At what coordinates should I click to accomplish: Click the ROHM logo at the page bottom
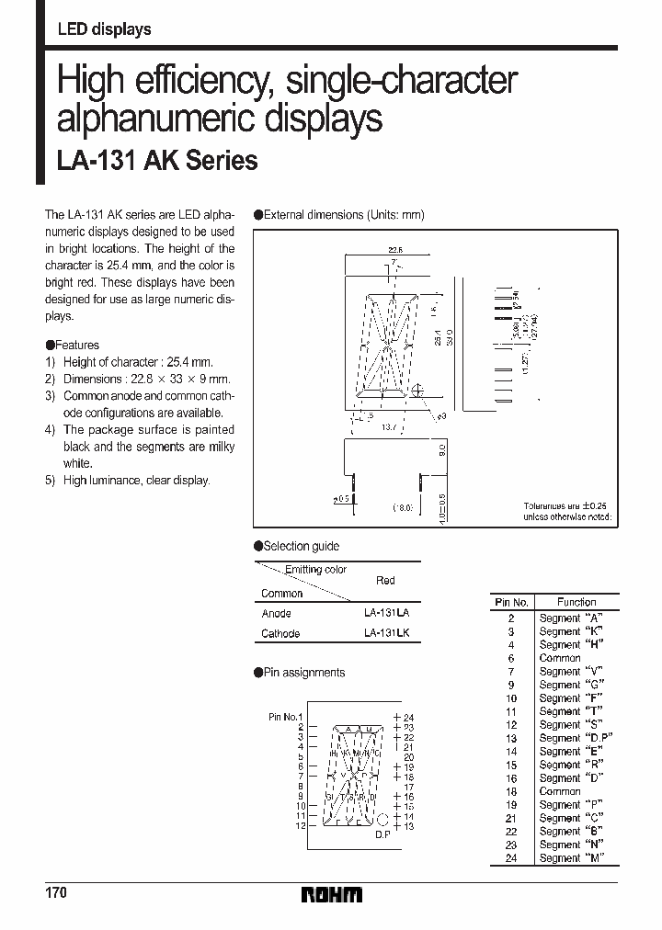[332, 894]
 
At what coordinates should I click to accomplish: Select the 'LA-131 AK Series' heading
[157, 161]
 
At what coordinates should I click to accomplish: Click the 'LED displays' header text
[104, 30]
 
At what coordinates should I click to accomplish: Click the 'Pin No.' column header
[511, 602]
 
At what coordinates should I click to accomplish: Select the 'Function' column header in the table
[576, 602]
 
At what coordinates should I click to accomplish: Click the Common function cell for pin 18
[560, 791]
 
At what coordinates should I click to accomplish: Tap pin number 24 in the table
[511, 858]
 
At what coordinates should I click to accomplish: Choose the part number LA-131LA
[386, 613]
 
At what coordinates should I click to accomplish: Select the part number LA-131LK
[386, 633]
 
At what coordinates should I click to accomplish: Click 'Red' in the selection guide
[386, 581]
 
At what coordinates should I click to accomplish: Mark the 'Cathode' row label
[280, 633]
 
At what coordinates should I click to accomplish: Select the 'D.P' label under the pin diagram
[382, 834]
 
